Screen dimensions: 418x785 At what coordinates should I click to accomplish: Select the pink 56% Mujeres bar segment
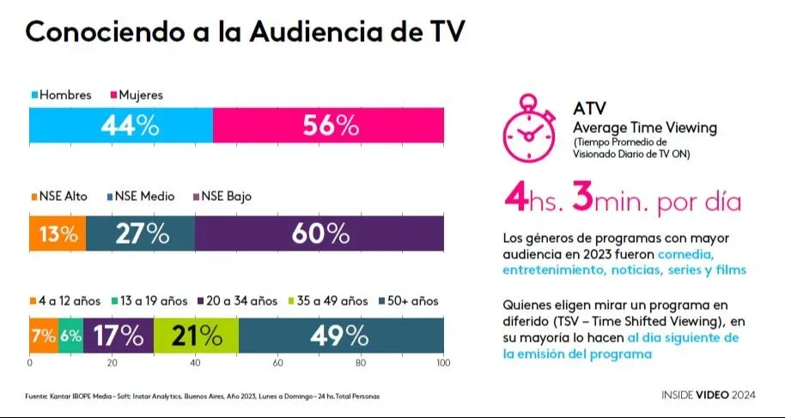pos(328,125)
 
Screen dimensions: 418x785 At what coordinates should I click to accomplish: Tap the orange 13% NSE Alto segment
pos(58,233)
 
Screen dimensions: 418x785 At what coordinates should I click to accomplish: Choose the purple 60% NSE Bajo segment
pos(319,233)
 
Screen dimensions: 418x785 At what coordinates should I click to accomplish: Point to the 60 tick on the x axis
pos(278,364)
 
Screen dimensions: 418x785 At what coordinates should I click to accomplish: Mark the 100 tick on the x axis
pos(443,364)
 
